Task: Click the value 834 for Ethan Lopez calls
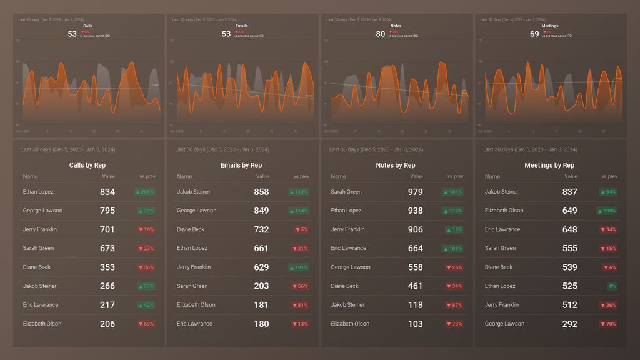point(107,192)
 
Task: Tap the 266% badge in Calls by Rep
point(145,192)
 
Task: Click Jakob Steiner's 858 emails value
point(261,192)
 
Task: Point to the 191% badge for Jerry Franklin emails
point(299,267)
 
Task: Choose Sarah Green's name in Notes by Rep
point(346,192)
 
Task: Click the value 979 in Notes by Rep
point(415,192)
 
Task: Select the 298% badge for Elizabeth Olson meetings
point(607,211)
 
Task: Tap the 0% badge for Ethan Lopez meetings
point(612,286)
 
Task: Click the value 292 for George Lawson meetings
point(569,324)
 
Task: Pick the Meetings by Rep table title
point(549,165)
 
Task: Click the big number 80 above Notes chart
point(381,34)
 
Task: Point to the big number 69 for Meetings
point(534,34)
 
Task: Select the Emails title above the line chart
point(242,26)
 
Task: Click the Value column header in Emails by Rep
point(262,176)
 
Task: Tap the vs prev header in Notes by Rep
point(455,176)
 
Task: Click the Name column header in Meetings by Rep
point(492,176)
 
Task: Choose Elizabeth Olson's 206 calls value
point(107,324)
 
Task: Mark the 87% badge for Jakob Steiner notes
point(454,305)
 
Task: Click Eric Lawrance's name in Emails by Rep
point(194,324)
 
